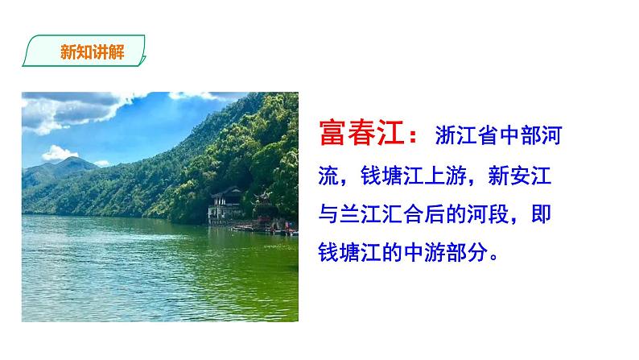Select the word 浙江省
click(467, 134)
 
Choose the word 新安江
click(530, 174)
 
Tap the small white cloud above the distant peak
click(59, 152)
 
